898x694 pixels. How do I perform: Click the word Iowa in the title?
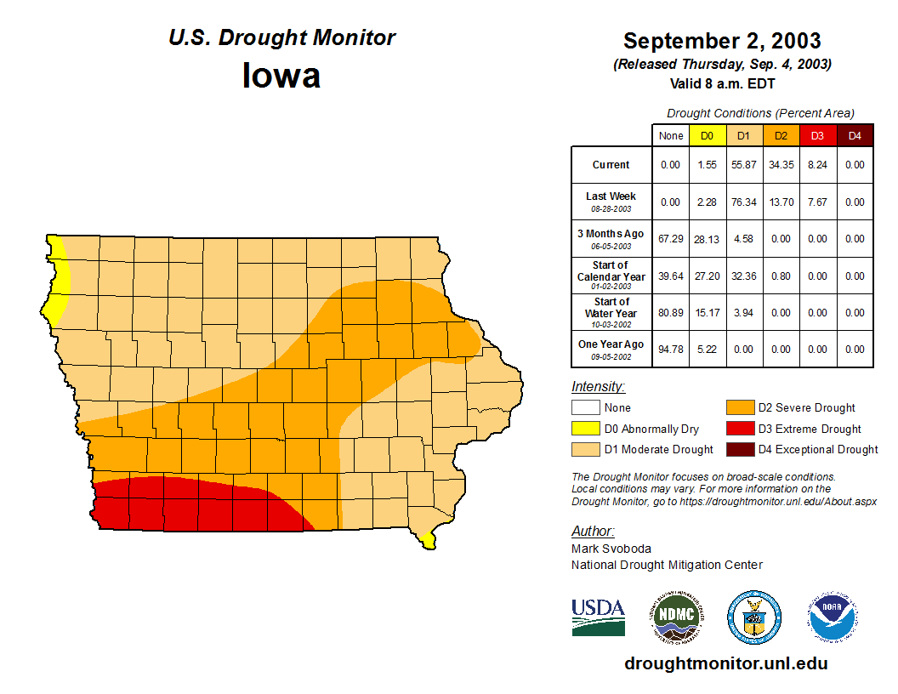281,76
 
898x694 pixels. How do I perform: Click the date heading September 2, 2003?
722,41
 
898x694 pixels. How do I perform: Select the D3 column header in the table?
817,135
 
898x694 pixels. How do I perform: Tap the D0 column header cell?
707,135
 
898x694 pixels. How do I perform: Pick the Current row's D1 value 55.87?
743,165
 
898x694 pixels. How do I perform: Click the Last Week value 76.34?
743,202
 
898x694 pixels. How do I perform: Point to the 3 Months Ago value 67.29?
671,239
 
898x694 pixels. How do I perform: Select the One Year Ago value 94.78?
671,350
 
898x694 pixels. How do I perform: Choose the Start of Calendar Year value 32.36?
743,276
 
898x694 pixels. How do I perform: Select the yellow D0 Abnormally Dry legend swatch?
586,429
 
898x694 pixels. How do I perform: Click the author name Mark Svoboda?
611,549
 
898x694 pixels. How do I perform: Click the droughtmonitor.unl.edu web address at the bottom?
725,663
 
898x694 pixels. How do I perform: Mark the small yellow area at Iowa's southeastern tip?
427,540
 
